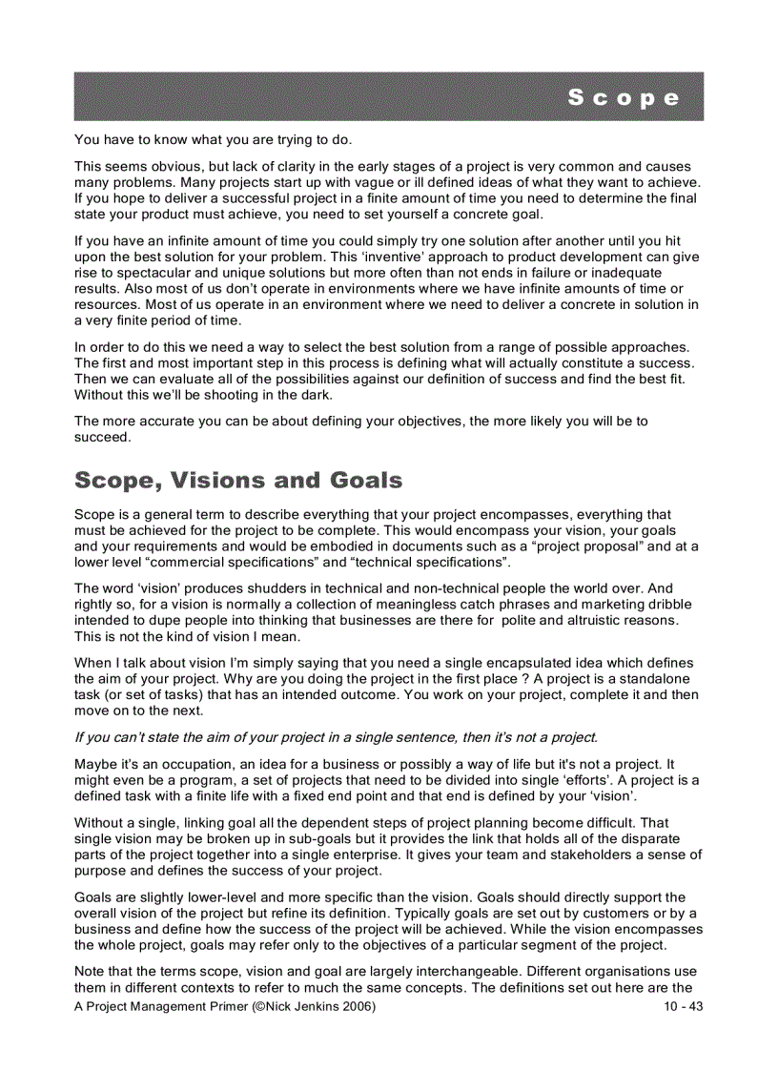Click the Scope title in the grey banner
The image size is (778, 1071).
(624, 97)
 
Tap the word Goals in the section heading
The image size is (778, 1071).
(366, 481)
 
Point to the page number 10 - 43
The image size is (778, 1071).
(683, 1007)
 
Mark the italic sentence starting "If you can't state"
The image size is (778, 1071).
(336, 737)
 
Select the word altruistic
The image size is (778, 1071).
(582, 620)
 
